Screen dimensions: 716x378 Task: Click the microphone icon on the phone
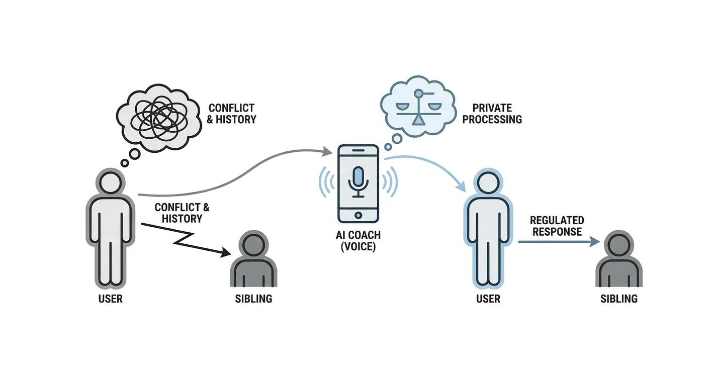[x=358, y=182]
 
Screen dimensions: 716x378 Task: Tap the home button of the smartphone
[x=358, y=215]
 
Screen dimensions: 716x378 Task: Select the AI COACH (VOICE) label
[x=358, y=241]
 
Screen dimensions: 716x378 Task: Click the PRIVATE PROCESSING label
[x=492, y=114]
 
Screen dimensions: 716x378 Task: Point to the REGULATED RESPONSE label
[x=557, y=226]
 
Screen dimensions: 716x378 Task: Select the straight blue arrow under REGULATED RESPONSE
[x=559, y=242]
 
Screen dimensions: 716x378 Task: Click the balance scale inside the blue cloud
[x=418, y=108]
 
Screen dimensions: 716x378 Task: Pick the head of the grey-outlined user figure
[x=110, y=183]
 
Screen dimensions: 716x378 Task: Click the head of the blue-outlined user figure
[x=488, y=183]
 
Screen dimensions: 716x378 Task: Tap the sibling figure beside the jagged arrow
[x=253, y=258]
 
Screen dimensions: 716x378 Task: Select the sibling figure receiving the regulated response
[x=619, y=258]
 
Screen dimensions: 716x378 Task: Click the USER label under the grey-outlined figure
[x=110, y=299]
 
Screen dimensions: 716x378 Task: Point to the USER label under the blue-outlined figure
[x=488, y=299]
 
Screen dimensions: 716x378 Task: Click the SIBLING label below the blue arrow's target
[x=619, y=299]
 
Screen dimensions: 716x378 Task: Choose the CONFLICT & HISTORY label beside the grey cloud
[x=231, y=114]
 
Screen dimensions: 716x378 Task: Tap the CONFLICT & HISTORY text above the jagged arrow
[x=182, y=213]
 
